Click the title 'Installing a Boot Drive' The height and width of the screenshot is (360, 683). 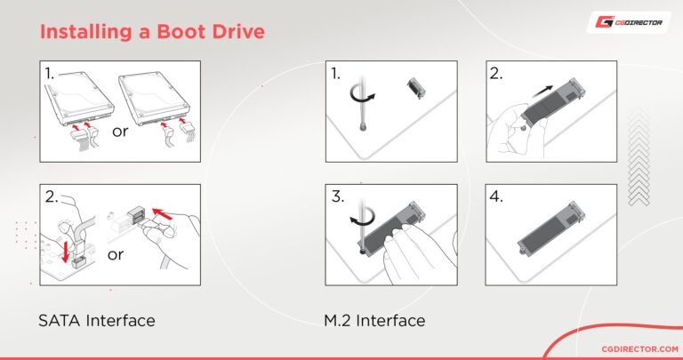152,32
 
